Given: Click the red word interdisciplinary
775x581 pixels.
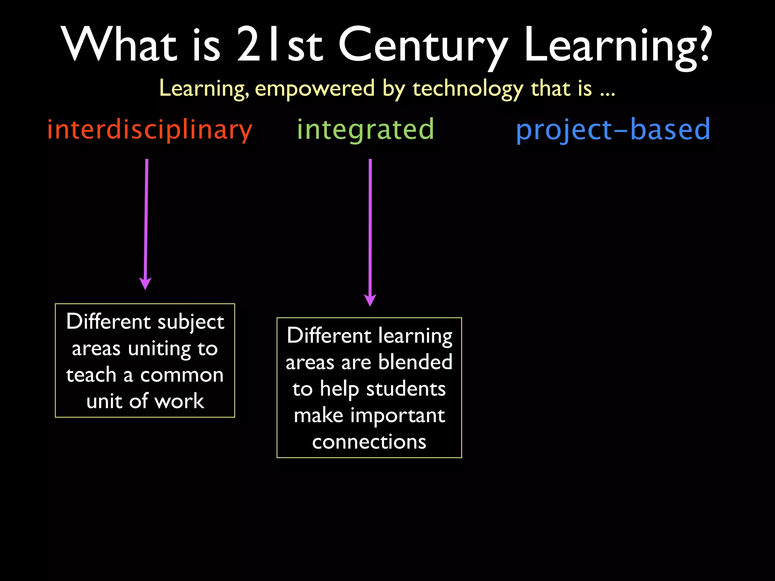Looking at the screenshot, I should coord(149,130).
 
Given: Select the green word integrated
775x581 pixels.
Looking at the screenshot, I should coord(365,130).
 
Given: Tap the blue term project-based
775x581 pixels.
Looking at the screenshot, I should coord(613,130).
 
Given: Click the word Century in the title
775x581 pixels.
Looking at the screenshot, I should coord(422,45).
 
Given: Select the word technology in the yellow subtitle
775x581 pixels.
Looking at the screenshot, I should coord(468,89).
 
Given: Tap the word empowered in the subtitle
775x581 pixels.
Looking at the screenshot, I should coord(315,89).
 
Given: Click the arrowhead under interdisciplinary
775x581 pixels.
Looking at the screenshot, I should coord(145,283).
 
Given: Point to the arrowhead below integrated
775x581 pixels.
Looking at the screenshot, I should coord(370,300).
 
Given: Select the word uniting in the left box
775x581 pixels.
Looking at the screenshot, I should coord(159,349).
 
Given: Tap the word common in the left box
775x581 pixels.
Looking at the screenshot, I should coord(182,375).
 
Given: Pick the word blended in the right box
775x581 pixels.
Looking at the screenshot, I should coord(415,362).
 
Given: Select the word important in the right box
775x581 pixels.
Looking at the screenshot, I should coord(397,416).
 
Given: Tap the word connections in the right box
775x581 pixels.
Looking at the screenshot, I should coord(369,442).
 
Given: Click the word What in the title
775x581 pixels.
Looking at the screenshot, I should coord(119,45).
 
